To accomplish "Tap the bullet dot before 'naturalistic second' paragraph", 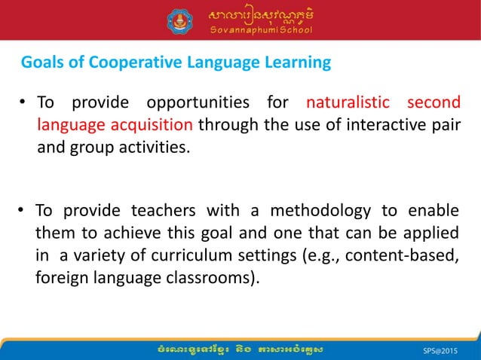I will pos(25,103).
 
